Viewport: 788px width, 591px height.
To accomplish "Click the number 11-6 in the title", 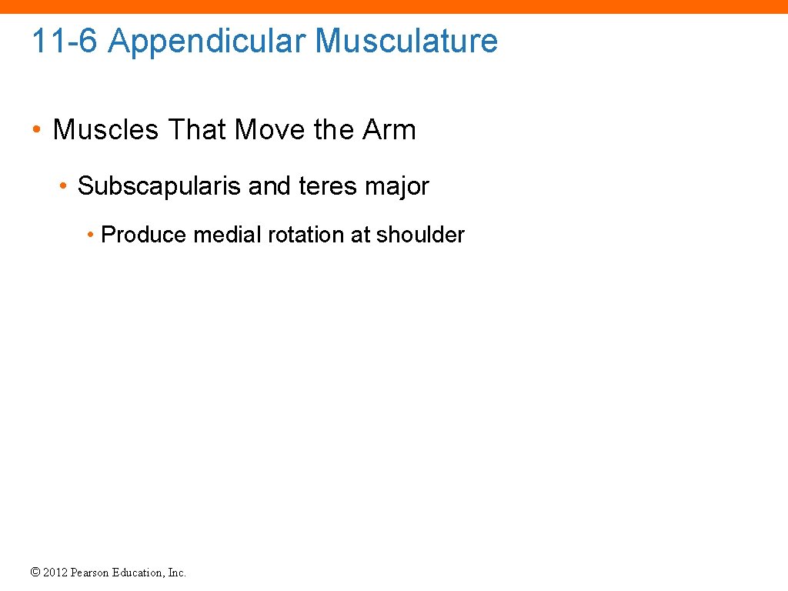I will pyautogui.click(x=65, y=41).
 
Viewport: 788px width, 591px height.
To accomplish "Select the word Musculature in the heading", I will pyautogui.click(x=406, y=41).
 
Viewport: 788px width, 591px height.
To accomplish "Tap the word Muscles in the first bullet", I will pyautogui.click(x=105, y=129).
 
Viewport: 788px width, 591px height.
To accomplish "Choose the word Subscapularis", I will pyautogui.click(x=159, y=186).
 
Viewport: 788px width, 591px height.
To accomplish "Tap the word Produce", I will pyautogui.click(x=144, y=235).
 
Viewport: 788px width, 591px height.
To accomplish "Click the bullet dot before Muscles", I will pyautogui.click(x=37, y=130).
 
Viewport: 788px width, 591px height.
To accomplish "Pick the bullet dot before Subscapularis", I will pyautogui.click(x=65, y=187).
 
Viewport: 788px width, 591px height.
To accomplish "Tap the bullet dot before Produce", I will pyautogui.click(x=91, y=235).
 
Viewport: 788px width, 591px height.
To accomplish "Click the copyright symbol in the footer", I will pyautogui.click(x=35, y=573).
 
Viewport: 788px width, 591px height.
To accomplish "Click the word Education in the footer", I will pyautogui.click(x=139, y=573).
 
